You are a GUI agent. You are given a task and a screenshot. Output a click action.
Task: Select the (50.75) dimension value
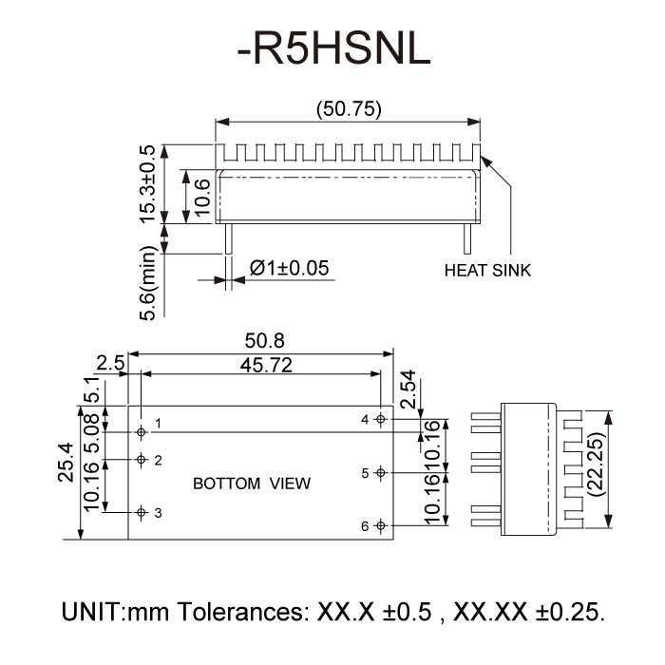coord(349,109)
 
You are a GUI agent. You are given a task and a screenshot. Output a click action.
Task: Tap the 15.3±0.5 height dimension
coord(147,184)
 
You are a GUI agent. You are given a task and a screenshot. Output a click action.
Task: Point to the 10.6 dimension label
coord(201,196)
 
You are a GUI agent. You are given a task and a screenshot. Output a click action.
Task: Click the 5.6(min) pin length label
coord(147,284)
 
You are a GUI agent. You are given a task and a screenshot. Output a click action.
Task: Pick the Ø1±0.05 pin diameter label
coord(288,268)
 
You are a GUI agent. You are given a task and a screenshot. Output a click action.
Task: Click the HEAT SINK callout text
coord(487,271)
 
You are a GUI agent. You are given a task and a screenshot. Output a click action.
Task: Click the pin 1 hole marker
coord(142,431)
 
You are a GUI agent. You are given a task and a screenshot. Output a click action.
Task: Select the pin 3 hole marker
coord(142,513)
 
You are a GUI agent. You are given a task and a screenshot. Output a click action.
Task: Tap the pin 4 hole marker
coord(381,419)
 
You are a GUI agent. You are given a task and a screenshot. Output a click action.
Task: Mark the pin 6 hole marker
coord(381,525)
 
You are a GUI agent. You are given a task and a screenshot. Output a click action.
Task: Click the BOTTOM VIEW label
coord(252,484)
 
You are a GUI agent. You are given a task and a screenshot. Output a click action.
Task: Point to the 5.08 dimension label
coord(92,433)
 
